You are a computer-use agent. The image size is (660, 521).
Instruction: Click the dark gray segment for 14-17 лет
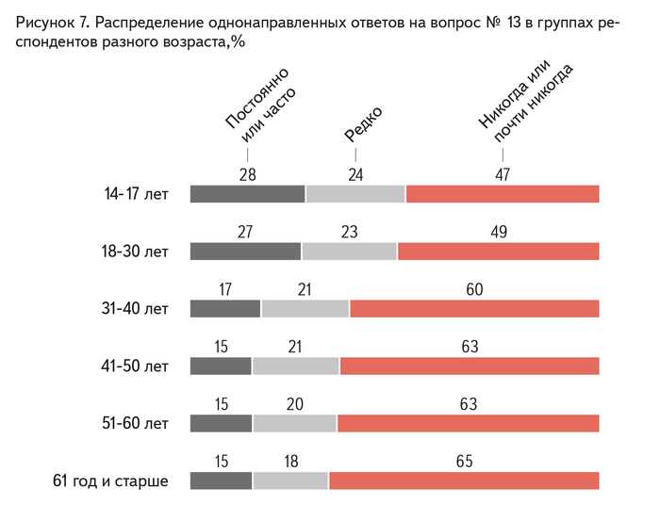pos(247,194)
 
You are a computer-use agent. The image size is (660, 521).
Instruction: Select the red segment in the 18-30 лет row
pos(499,251)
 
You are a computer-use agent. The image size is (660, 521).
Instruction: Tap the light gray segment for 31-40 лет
pos(305,308)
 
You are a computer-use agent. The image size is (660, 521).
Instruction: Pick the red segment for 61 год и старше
pos(464,480)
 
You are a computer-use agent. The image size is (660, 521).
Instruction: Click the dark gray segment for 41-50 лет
pos(221,366)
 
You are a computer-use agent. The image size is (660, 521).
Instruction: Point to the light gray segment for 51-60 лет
pos(294,423)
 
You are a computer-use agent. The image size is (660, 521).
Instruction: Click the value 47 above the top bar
pos(502,174)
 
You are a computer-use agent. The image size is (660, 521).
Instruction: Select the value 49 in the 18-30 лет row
pos(498,232)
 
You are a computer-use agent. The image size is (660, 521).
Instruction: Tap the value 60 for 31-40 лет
pos(474,289)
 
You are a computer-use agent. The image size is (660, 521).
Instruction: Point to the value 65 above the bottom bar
pos(464,462)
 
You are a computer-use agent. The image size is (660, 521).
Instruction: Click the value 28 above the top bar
pos(248,174)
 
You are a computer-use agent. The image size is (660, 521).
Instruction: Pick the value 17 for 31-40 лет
pos(225,289)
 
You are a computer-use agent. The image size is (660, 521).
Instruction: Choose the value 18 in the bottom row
pos(290,462)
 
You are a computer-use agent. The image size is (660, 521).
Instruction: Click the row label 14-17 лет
pos(137,195)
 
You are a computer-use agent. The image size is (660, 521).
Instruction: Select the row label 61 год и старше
pos(110,481)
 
